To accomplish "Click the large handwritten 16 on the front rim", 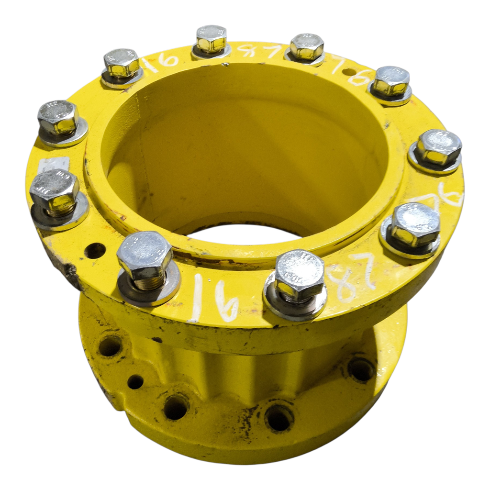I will tap(213, 300).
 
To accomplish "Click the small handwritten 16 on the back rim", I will tap(162, 61).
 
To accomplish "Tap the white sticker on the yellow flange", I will tap(54, 164).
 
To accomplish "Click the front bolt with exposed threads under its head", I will tap(145, 256).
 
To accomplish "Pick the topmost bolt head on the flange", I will tap(211, 38).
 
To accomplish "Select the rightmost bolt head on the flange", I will tap(438, 146).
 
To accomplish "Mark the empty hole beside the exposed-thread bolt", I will tap(94, 250).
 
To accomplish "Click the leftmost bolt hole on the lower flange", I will tap(110, 345).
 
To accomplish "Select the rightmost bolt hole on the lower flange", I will tap(361, 369).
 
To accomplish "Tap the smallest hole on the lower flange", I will tap(135, 381).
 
